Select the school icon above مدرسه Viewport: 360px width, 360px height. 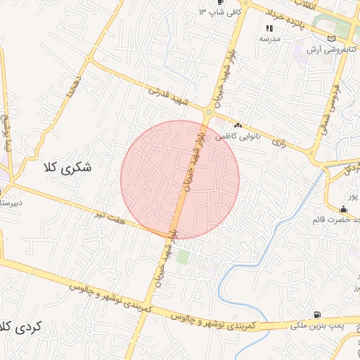269,28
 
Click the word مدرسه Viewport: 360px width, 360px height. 271,39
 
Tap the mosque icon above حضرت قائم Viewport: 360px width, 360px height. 342,209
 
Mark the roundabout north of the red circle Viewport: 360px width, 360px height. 208,112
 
